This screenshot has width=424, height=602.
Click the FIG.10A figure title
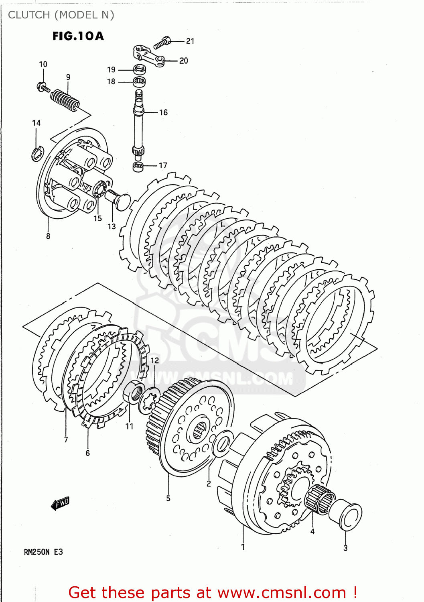tap(78, 36)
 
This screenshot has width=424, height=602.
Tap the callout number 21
tap(190, 41)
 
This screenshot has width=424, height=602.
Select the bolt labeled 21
tap(162, 42)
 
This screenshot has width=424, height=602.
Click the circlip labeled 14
tap(37, 154)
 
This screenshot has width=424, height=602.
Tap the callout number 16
tap(163, 112)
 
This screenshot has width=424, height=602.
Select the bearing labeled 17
tap(138, 166)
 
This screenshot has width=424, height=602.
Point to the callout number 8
tap(48, 236)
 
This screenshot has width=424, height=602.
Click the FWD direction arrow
tap(61, 503)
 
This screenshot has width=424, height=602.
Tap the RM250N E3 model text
tap(43, 552)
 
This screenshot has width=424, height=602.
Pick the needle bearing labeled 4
tap(319, 499)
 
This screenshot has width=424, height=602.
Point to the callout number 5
tap(168, 498)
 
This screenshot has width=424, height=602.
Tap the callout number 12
tap(155, 360)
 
